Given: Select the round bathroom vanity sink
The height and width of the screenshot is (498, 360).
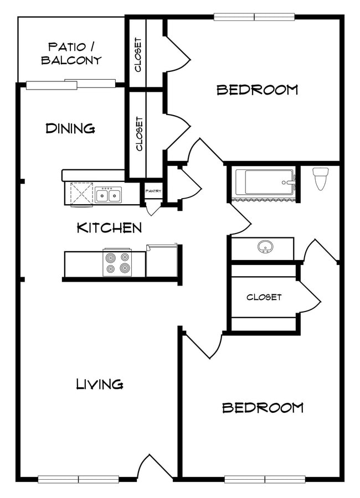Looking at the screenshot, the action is click(x=265, y=246).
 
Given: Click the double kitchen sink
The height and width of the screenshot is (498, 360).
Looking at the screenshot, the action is click(x=108, y=195).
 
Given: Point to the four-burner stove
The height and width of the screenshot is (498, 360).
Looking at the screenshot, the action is click(x=117, y=262).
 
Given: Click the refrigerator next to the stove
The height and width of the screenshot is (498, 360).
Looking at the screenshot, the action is click(x=161, y=261).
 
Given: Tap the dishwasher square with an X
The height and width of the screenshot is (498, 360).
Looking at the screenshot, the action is click(x=81, y=194).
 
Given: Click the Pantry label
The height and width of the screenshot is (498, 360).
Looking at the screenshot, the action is click(x=153, y=191).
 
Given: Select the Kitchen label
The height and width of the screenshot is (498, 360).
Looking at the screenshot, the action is click(x=110, y=228).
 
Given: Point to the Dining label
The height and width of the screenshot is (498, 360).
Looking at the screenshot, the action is click(x=70, y=128).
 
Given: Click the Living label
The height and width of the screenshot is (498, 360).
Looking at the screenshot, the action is click(x=100, y=384).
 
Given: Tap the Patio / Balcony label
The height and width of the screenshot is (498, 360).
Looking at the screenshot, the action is click(x=71, y=53).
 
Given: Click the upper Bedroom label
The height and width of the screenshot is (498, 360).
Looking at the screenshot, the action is click(x=258, y=90).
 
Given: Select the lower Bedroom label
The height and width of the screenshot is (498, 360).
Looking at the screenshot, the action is click(x=263, y=407).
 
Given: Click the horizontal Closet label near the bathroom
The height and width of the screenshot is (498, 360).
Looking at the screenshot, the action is click(x=264, y=297).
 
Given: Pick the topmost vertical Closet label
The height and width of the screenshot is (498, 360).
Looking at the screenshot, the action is click(x=138, y=55).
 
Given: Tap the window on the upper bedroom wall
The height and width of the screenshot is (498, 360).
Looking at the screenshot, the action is click(x=254, y=17).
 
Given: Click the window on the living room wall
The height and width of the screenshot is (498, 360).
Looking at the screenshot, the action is click(x=78, y=479).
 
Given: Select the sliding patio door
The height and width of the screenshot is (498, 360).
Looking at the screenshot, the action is click(x=70, y=84).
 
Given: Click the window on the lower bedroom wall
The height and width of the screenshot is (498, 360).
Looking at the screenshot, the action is click(x=265, y=479).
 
